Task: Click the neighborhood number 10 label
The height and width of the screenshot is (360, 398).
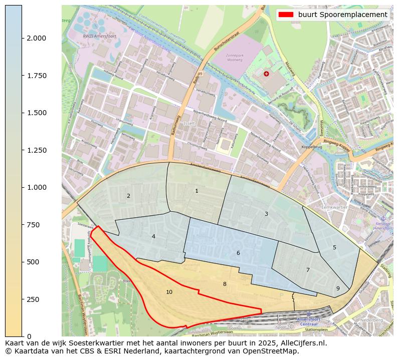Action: (x=169, y=292)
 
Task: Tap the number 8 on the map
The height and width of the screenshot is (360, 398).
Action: (x=225, y=284)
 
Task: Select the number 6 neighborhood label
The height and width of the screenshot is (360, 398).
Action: (x=238, y=253)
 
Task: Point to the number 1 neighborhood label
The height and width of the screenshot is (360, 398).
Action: (x=196, y=191)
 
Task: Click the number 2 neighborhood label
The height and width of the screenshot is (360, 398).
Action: (x=128, y=196)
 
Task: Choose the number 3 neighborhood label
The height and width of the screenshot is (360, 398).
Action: (x=266, y=214)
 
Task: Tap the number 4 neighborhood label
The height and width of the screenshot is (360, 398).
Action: (x=153, y=236)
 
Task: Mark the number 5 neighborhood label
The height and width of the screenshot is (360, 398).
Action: (x=334, y=247)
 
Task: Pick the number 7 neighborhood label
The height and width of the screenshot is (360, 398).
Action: (x=308, y=270)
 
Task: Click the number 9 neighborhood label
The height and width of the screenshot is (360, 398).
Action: (x=338, y=288)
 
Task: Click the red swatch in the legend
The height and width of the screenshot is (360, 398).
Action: (x=286, y=15)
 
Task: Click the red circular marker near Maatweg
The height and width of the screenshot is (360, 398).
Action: (x=266, y=74)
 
